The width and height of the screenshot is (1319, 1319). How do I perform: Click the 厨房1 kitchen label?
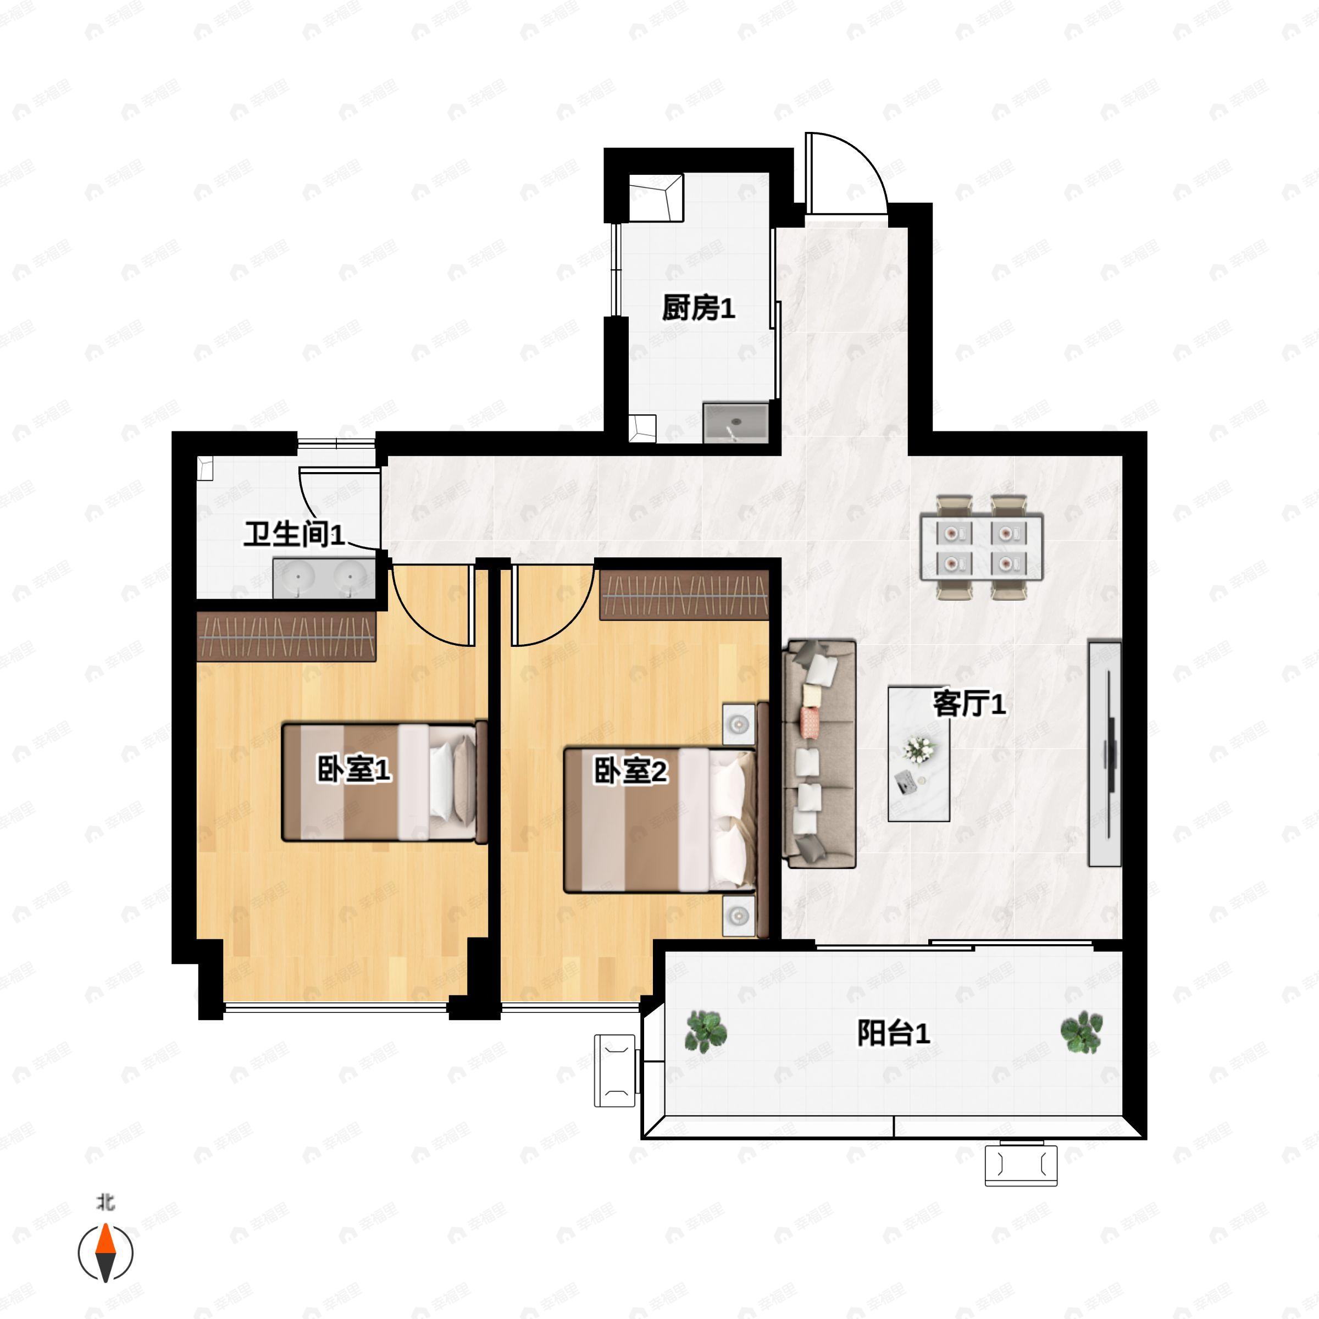pyautogui.click(x=698, y=308)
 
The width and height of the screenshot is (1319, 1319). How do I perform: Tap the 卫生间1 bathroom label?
pyautogui.click(x=294, y=533)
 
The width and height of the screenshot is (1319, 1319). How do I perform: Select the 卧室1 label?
pyautogui.click(x=353, y=769)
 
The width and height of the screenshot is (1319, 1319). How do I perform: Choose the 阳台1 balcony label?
pyautogui.click(x=894, y=1033)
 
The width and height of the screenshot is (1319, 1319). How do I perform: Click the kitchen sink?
pyautogui.click(x=735, y=423)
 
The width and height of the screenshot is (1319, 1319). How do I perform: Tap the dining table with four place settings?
pyautogui.click(x=981, y=547)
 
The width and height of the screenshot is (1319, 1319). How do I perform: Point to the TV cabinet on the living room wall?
pyautogui.click(x=1105, y=753)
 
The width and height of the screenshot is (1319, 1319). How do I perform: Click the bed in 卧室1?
pyautogui.click(x=384, y=782)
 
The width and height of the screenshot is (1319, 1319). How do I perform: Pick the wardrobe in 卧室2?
pyautogui.click(x=684, y=595)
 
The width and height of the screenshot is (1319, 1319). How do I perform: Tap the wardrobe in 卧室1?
pyautogui.click(x=286, y=636)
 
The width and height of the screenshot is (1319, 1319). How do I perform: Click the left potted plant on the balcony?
pyautogui.click(x=705, y=1032)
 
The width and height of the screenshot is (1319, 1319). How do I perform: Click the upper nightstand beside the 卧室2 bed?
pyautogui.click(x=739, y=722)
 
